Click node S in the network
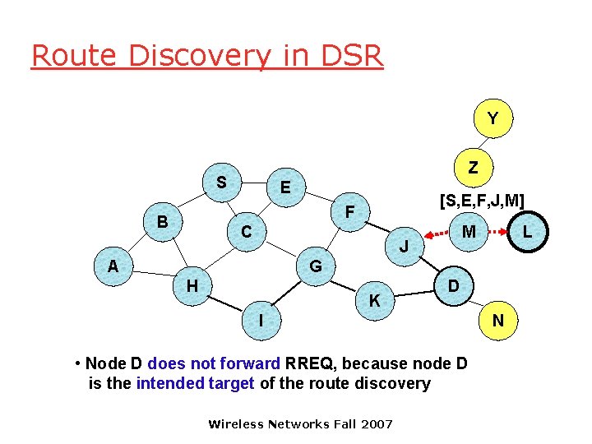[221, 181]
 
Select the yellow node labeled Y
[492, 118]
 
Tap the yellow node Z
[472, 167]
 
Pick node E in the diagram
[285, 187]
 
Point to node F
[349, 212]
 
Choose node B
[163, 222]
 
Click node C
[246, 233]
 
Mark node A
[113, 265]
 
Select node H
[192, 285]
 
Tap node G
[316, 266]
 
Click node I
[261, 320]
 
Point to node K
[374, 301]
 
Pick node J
[404, 246]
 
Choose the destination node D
[453, 286]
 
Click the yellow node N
[498, 321]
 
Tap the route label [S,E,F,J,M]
[482, 199]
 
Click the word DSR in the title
[349, 56]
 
